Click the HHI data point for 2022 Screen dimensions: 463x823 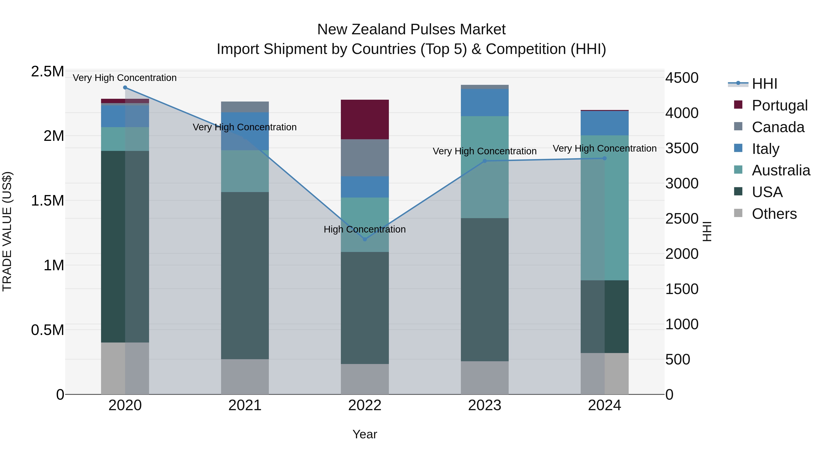365,239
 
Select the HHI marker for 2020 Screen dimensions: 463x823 125,88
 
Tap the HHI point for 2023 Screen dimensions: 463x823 485,161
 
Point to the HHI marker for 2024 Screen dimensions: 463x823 604,158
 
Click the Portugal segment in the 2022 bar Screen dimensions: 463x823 365,120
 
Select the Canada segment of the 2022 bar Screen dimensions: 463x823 365,158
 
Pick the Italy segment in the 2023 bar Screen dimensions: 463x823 485,103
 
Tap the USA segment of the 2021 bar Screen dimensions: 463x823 245,276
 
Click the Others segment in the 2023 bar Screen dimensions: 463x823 485,378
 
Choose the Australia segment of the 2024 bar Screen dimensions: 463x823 604,208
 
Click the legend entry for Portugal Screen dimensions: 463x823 780,105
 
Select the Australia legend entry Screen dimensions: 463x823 781,170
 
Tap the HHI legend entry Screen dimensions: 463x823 764,84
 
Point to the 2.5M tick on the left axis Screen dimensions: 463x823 48,72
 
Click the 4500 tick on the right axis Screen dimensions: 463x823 682,78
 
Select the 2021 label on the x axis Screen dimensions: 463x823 245,405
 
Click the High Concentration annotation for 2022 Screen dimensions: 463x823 365,229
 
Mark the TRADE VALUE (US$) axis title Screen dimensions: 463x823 7,231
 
